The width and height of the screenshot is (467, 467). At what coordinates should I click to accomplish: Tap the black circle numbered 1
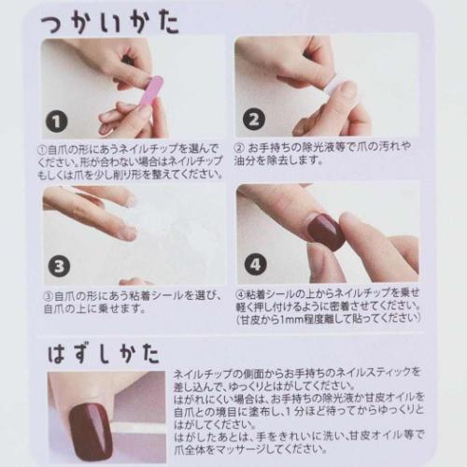58,120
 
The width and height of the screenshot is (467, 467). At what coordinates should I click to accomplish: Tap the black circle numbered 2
251,120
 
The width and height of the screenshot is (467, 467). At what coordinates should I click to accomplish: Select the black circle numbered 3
57,264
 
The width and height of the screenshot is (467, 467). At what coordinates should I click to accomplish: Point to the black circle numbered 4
253,264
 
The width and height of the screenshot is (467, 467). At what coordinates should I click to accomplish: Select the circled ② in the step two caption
240,148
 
